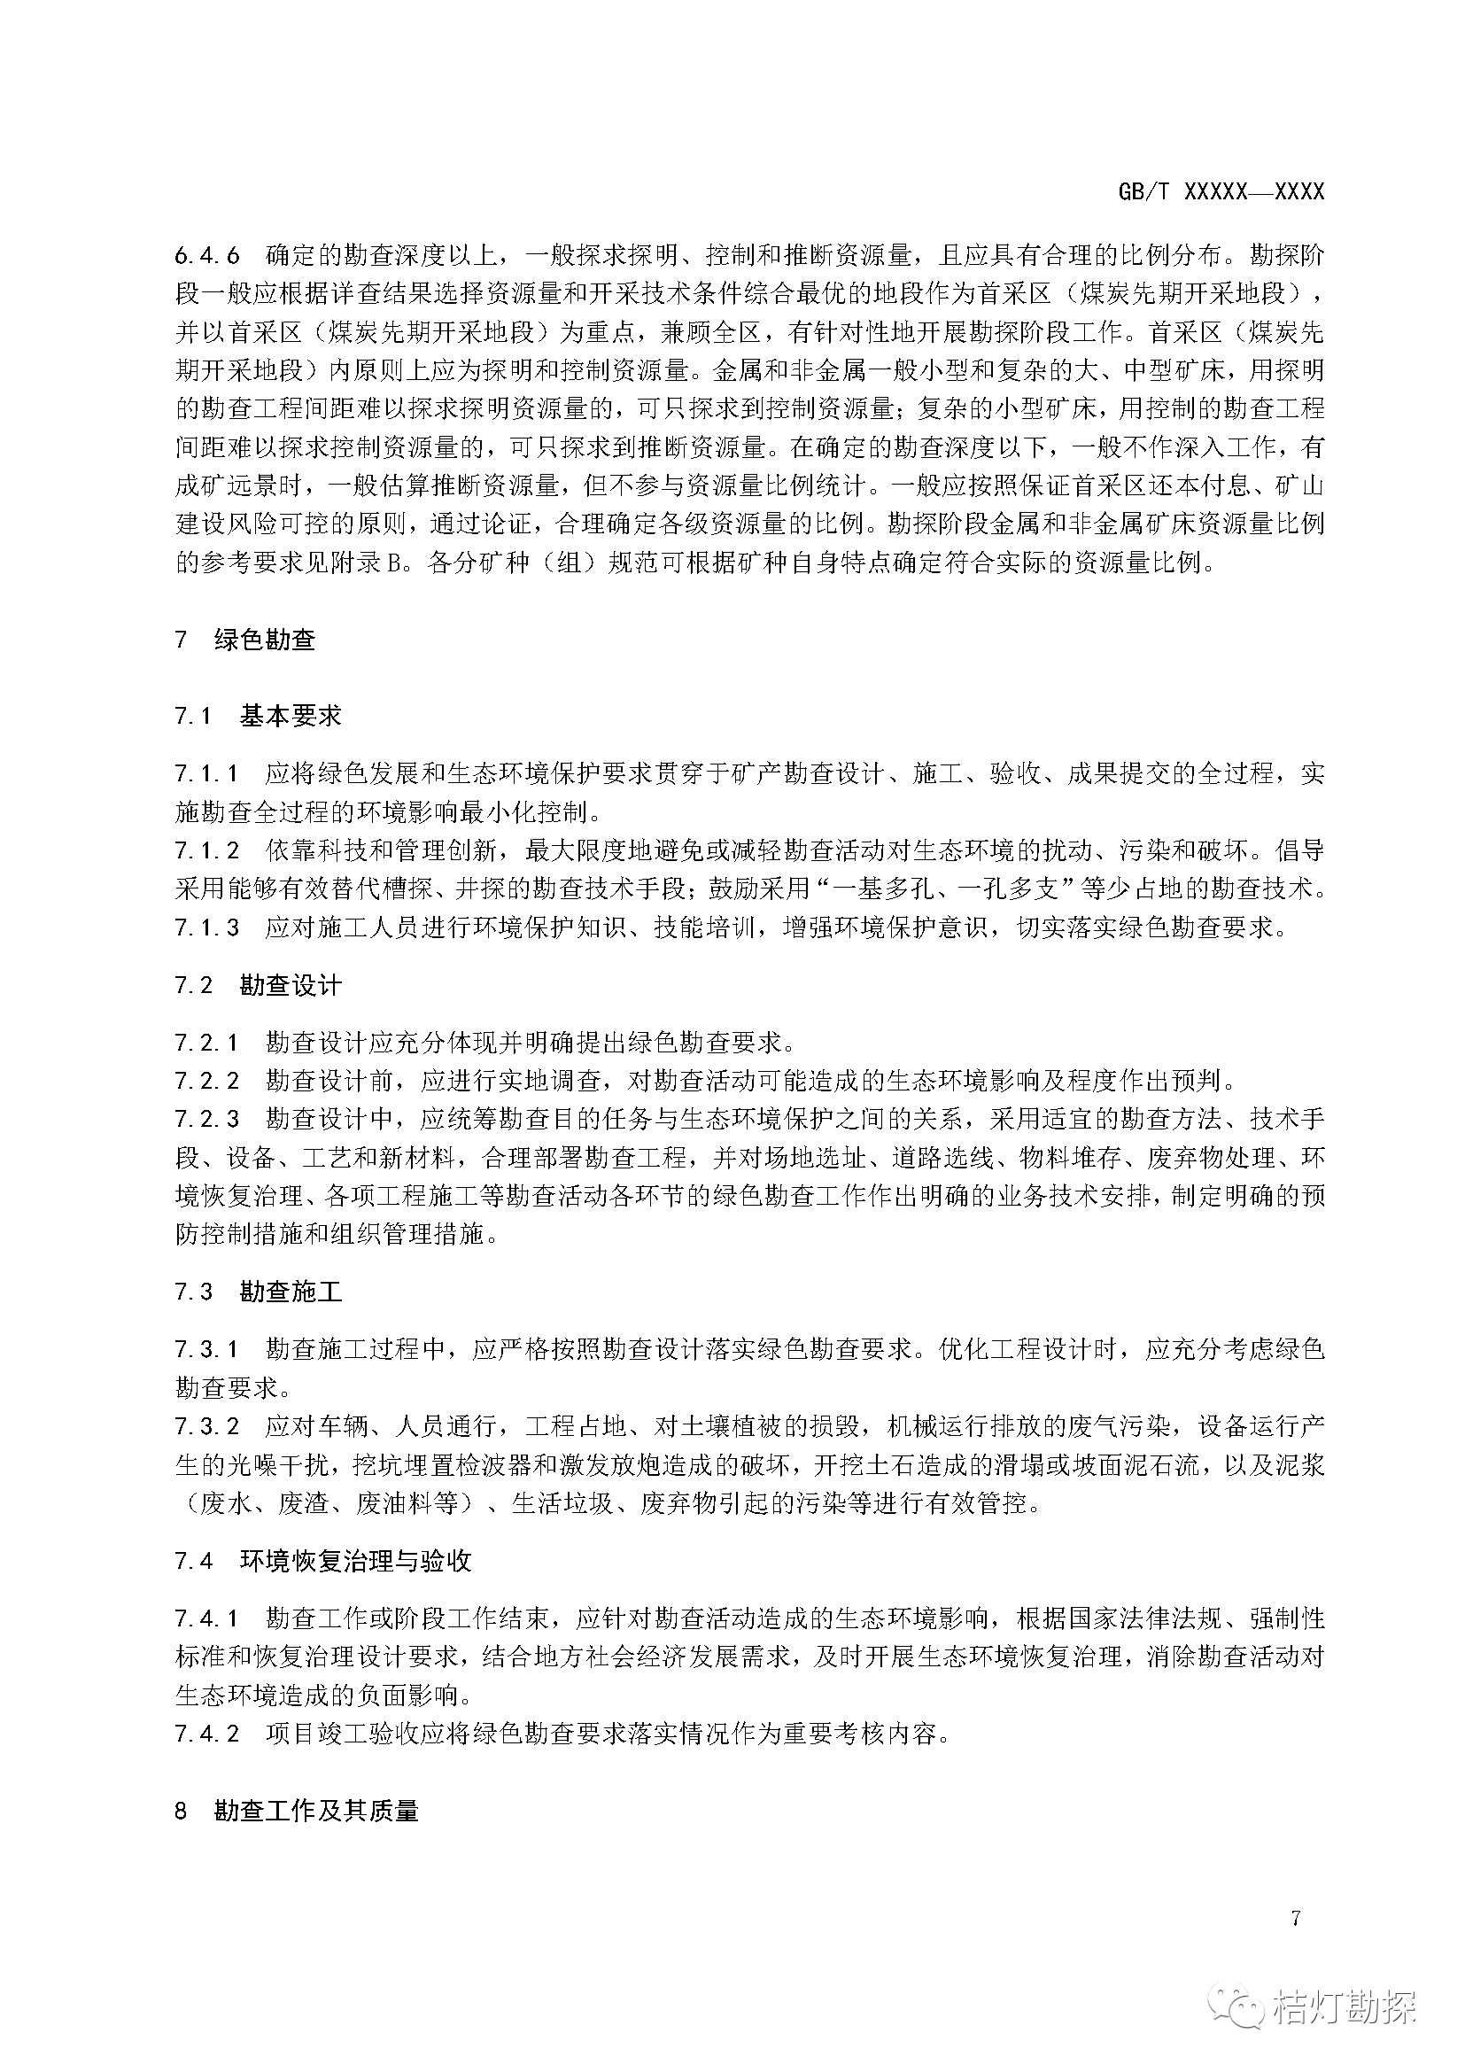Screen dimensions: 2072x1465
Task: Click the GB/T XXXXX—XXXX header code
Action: [1221, 191]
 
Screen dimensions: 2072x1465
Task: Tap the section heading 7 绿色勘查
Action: [244, 640]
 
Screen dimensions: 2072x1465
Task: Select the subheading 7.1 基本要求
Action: [259, 717]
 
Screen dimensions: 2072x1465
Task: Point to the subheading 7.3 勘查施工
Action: [259, 1292]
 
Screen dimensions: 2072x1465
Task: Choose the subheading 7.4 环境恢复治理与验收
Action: [323, 1560]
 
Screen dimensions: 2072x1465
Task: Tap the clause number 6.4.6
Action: [207, 255]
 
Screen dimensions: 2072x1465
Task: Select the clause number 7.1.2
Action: [207, 850]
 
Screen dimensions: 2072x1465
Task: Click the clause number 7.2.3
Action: [207, 1119]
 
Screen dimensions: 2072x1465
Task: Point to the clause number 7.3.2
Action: [207, 1426]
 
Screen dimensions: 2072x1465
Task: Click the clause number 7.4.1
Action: [207, 1618]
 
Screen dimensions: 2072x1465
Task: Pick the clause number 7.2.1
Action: [207, 1043]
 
